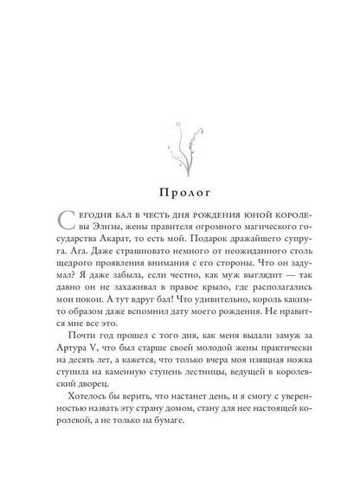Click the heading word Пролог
click(180, 187)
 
